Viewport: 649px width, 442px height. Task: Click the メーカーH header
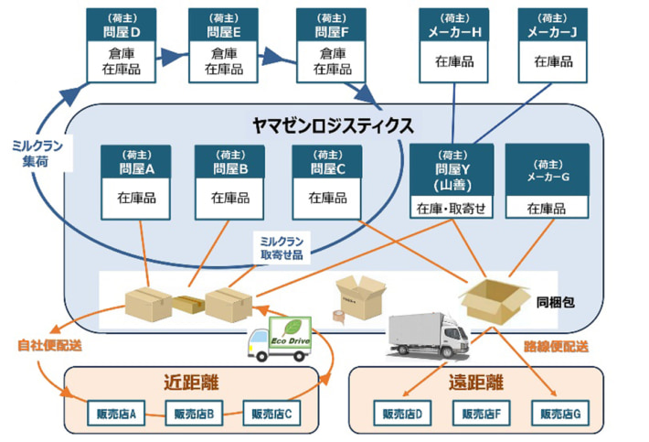453,25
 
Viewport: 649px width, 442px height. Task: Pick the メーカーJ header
554,25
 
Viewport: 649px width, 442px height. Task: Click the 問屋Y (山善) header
451,168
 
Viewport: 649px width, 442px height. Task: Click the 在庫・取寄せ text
451,210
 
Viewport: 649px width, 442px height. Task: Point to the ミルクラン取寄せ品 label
282,246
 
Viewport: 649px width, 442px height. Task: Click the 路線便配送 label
557,347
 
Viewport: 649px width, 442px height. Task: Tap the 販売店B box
194,413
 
